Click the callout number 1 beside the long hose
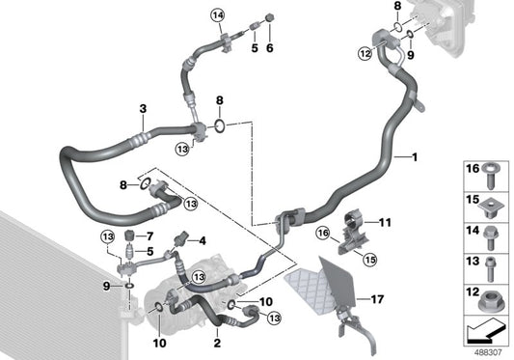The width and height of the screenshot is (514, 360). click(x=415, y=157)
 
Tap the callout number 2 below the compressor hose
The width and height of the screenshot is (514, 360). click(x=217, y=343)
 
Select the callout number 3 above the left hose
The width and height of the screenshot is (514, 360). click(x=143, y=109)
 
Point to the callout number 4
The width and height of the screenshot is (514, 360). click(x=203, y=241)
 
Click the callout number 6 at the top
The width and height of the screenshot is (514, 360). click(x=269, y=48)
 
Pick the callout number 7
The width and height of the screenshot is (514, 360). click(x=149, y=235)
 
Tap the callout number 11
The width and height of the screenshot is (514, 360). click(x=385, y=223)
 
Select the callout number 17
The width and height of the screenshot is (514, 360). click(x=377, y=299)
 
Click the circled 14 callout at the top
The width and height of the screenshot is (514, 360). click(x=218, y=15)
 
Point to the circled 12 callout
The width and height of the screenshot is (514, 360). click(x=365, y=53)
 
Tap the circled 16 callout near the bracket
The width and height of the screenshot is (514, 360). click(x=323, y=233)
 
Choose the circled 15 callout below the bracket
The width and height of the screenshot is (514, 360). click(x=369, y=260)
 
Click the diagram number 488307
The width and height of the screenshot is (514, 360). click(x=488, y=353)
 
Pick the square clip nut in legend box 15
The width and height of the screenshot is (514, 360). click(x=491, y=209)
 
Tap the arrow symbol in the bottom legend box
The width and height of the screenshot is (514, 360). click(x=485, y=331)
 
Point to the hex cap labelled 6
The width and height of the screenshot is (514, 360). click(x=269, y=17)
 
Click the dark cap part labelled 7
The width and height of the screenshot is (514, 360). click(x=130, y=235)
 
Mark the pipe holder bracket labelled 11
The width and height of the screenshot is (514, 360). click(x=353, y=234)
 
